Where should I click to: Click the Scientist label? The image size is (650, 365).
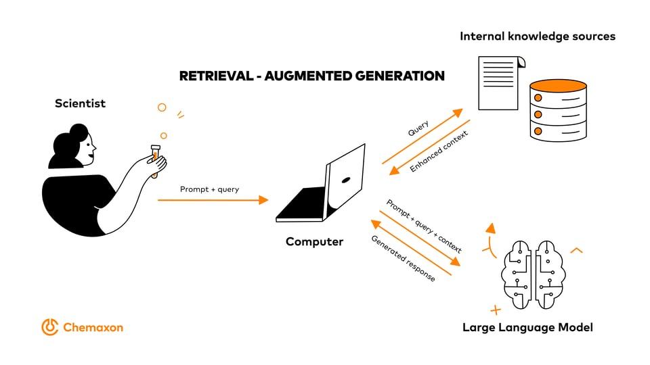[80, 103]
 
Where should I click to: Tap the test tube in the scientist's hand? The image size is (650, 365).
[155, 161]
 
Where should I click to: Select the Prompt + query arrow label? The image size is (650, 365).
[209, 189]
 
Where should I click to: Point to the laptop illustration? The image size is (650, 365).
[324, 186]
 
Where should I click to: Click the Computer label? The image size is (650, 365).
[314, 241]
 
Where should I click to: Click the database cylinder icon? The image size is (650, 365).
[558, 110]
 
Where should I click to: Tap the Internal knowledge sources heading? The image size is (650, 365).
[538, 36]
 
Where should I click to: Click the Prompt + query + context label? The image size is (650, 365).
[424, 226]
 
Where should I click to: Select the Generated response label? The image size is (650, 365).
[403, 258]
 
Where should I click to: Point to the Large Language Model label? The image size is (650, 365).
[527, 327]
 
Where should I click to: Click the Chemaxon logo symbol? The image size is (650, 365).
[50, 327]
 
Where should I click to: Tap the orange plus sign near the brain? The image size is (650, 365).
[496, 310]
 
